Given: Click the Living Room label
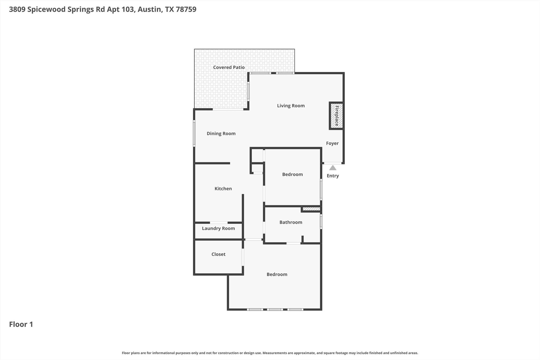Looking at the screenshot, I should tap(291, 106).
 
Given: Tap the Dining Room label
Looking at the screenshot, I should tap(221, 133).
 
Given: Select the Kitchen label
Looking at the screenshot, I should tap(223, 189).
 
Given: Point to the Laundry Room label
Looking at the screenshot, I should tap(218, 228).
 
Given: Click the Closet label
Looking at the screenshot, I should tap(218, 254).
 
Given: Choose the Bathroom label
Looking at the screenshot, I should tap(291, 222).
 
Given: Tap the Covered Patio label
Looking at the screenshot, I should tap(229, 67).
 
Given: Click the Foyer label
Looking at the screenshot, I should tap(332, 143).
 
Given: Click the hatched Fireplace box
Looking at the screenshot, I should tap(336, 116).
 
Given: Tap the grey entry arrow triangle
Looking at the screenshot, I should tap(333, 168).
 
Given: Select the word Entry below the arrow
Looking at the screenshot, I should tap(333, 176).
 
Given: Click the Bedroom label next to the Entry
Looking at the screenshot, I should tap(292, 174).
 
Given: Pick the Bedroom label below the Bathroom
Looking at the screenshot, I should tap(277, 274).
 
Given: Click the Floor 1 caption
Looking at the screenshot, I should tap(21, 324).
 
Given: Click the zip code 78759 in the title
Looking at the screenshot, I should tap(186, 9).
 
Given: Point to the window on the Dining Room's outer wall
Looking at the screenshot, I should tap(194, 133).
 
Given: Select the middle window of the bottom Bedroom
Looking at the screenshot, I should tap(275, 309).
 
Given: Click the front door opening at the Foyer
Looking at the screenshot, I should tap(333, 163).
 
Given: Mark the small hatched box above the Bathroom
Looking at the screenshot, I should tap(311, 209).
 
